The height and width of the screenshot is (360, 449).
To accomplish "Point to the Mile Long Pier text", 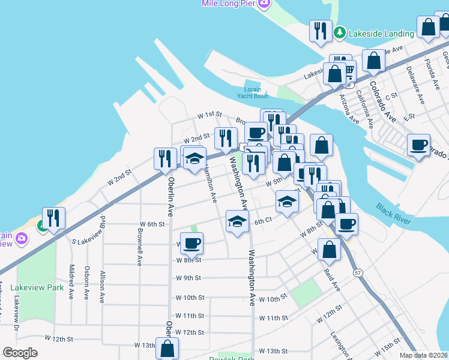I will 228,4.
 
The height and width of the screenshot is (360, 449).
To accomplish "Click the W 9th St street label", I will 188,278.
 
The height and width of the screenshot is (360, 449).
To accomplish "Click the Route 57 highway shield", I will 358,273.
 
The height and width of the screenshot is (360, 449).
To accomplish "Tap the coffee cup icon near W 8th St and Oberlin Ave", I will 191,243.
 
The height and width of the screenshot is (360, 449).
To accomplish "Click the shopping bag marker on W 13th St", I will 167,348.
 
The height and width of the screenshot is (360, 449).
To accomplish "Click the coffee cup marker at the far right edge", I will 418,145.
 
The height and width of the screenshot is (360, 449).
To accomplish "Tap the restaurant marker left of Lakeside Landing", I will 320,30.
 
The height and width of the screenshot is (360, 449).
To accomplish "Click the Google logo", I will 20,353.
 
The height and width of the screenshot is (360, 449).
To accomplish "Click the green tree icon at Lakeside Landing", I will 340,31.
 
